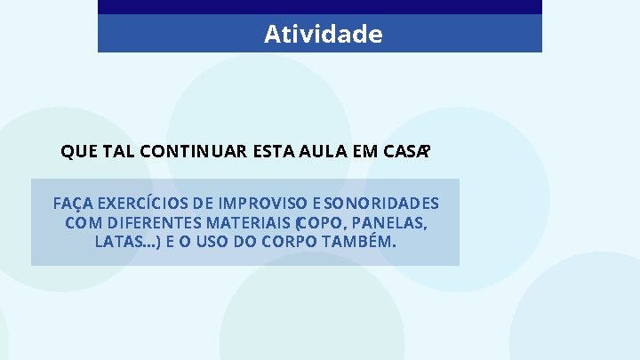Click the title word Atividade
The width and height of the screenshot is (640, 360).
pos(323,35)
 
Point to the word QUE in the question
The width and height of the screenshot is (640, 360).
pos(79,152)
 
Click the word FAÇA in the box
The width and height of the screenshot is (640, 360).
pos(75,203)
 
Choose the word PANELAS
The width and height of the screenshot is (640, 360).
pos(396,222)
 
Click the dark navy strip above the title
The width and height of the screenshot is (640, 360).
pos(320,7)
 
